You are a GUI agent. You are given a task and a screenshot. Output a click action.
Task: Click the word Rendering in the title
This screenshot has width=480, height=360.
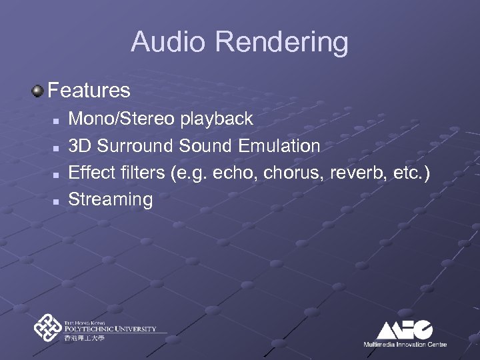(281, 43)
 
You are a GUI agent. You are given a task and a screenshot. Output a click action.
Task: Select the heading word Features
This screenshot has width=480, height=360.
(89, 89)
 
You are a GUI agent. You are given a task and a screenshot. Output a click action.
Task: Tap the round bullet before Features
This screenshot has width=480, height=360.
(39, 89)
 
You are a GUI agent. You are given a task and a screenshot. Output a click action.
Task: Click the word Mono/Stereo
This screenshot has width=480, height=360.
(123, 119)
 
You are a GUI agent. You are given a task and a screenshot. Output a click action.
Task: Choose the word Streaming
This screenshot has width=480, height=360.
(111, 199)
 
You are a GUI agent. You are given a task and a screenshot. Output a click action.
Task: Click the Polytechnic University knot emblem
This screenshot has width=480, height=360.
(47, 328)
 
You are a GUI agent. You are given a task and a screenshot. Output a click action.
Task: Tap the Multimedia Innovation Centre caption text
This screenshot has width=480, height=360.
(405, 344)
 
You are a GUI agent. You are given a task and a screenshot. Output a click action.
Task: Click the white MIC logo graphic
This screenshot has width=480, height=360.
(405, 329)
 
